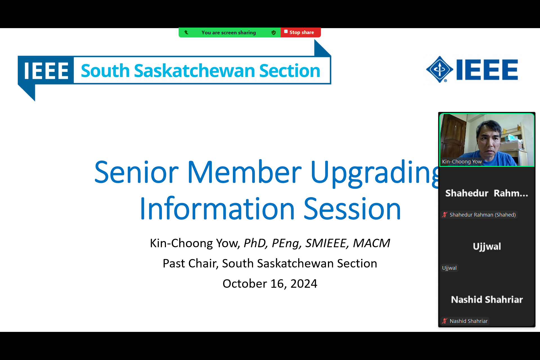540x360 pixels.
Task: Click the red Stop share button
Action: (300, 32)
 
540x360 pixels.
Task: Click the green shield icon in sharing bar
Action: (273, 33)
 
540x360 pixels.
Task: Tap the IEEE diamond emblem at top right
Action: (440, 69)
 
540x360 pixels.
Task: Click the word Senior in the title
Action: (136, 172)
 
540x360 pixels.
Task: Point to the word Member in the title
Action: (244, 172)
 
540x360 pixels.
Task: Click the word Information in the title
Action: (217, 208)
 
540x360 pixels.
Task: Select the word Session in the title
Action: (352, 208)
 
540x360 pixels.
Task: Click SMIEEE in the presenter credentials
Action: (326, 243)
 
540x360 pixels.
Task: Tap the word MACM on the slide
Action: (372, 243)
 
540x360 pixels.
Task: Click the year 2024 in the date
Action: (304, 283)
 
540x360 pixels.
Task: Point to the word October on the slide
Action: (245, 283)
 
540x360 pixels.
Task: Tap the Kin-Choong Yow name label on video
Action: (462, 162)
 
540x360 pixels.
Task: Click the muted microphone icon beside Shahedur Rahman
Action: (445, 215)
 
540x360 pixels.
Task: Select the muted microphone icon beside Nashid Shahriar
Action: (445, 321)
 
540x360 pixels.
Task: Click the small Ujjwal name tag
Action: (449, 268)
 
